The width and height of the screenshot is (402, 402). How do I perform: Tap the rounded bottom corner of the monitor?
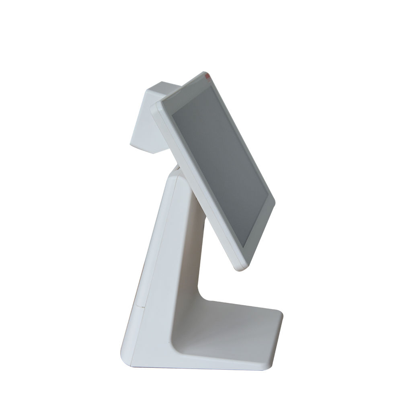[x=240, y=267]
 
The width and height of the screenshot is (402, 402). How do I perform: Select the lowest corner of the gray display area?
[x=243, y=246]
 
